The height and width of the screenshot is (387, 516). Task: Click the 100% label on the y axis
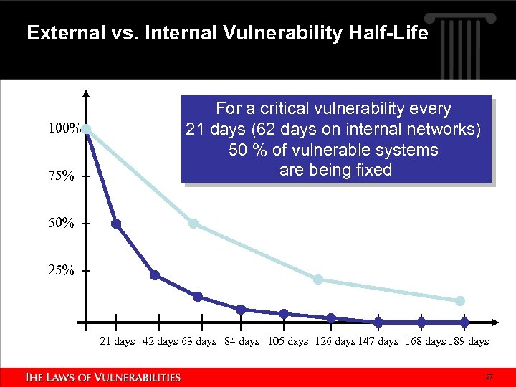64,130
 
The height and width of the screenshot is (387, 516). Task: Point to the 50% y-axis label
61,224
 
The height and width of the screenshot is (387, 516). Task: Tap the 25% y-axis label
61,271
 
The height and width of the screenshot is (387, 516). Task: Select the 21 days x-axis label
117,341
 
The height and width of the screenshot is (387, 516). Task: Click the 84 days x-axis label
242,341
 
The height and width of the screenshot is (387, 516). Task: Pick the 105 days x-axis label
288,341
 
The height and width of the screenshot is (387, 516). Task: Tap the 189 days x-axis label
469,341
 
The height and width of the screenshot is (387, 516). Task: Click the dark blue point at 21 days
116,224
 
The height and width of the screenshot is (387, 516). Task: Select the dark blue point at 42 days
155,275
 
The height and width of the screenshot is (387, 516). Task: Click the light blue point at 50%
193,224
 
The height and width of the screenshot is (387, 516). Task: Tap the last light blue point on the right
460,301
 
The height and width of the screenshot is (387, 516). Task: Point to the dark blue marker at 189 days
464,322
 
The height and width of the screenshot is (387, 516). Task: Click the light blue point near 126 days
318,279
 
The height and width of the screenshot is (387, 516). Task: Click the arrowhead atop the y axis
86,94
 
